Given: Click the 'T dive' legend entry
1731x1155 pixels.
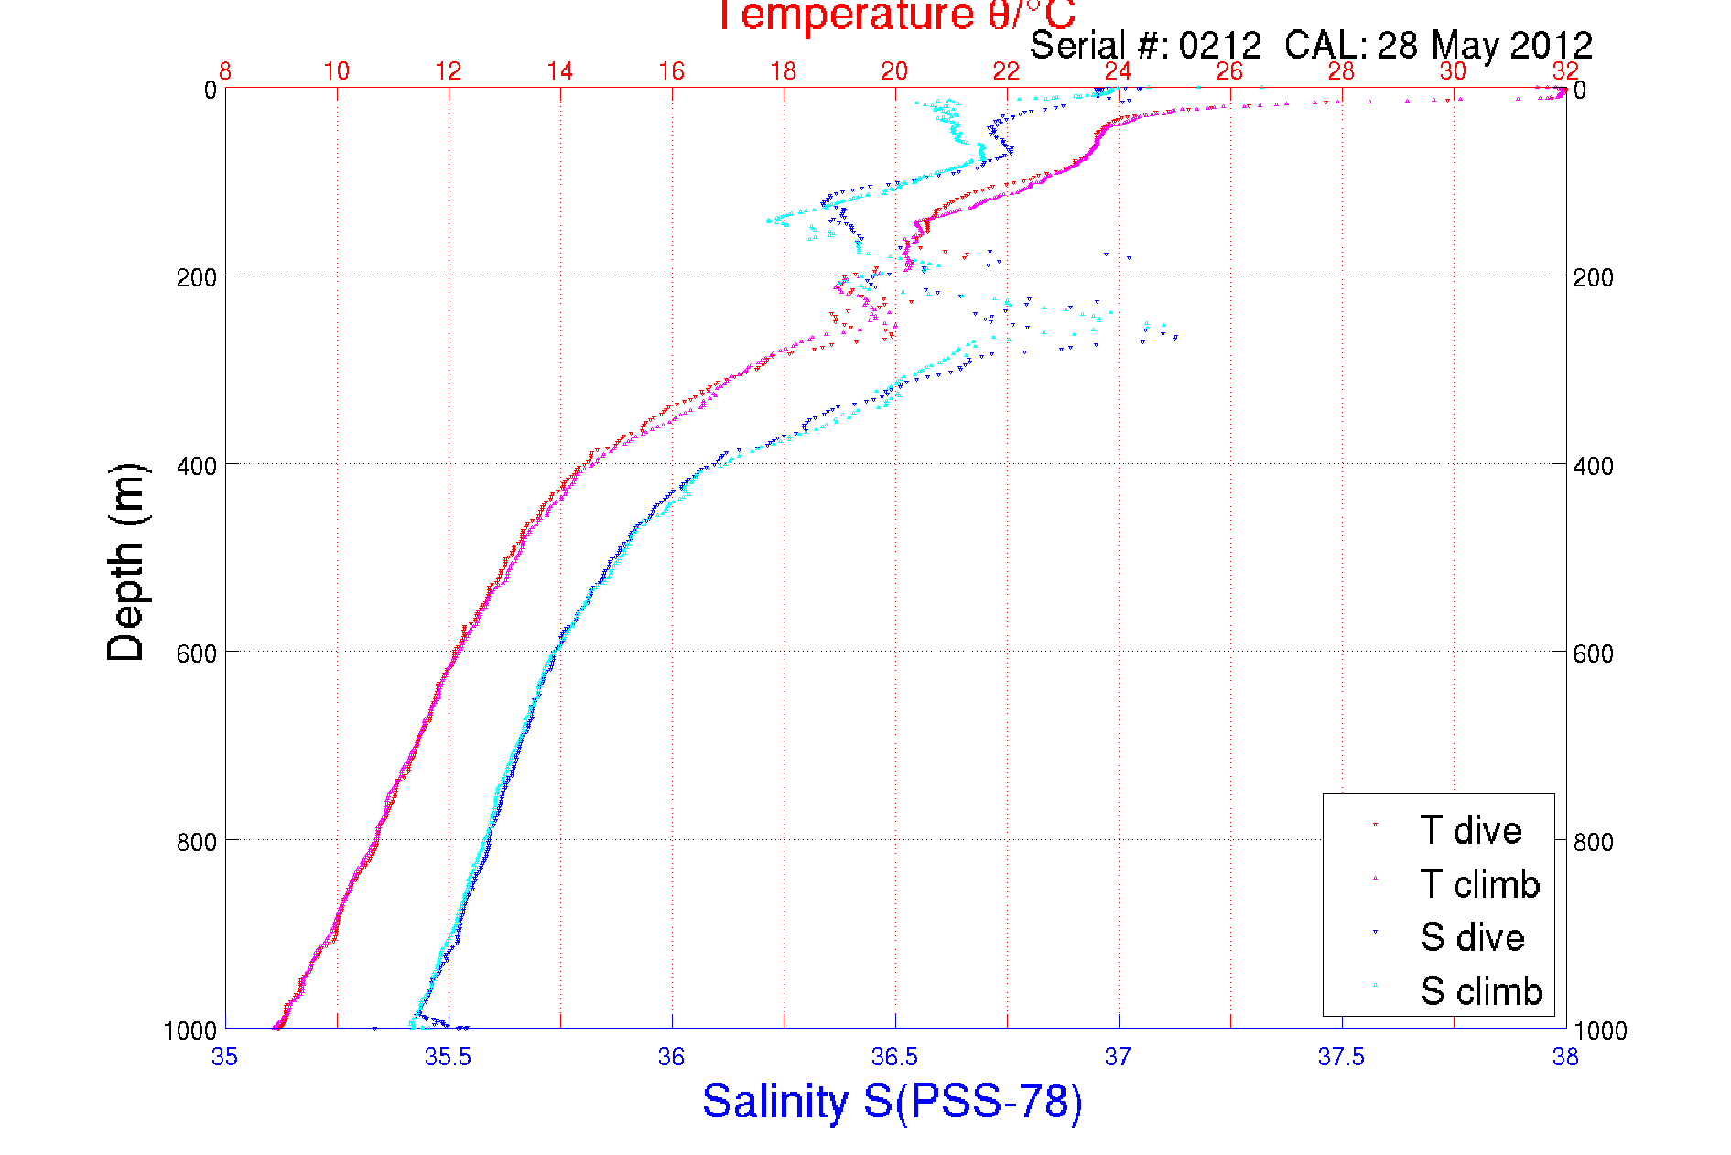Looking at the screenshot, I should pyautogui.click(x=1470, y=830).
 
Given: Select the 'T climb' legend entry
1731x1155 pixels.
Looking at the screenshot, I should pyautogui.click(x=1479, y=884).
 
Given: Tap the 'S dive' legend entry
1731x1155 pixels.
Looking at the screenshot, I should pyautogui.click(x=1472, y=937).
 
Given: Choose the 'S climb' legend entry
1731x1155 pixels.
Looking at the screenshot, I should pyautogui.click(x=1481, y=991).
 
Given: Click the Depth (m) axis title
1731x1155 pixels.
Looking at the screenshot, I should pyautogui.click(x=126, y=562).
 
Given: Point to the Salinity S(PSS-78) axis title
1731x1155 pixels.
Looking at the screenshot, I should pyautogui.click(x=893, y=1101).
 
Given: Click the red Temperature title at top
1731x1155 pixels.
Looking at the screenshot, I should pyautogui.click(x=894, y=16).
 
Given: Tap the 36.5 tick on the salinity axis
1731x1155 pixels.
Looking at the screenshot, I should pyautogui.click(x=894, y=1057).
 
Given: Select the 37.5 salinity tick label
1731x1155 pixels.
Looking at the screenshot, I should pyautogui.click(x=1341, y=1057).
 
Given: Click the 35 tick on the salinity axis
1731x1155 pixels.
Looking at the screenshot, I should pyautogui.click(x=224, y=1057).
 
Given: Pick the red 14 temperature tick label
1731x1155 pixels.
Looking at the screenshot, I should pyautogui.click(x=559, y=71).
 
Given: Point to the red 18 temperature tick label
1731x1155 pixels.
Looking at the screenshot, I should pyautogui.click(x=783, y=71).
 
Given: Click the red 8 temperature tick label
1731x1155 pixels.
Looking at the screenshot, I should pyautogui.click(x=225, y=71).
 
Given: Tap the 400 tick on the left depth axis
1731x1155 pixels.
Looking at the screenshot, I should pyautogui.click(x=197, y=465).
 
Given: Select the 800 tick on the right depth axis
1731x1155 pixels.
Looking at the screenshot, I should pyautogui.click(x=1593, y=841).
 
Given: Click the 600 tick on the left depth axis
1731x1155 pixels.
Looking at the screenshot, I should pyautogui.click(x=197, y=653).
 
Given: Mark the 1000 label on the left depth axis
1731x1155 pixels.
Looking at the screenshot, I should pyautogui.click(x=190, y=1031).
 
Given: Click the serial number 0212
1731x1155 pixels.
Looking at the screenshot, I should pyautogui.click(x=1219, y=45).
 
